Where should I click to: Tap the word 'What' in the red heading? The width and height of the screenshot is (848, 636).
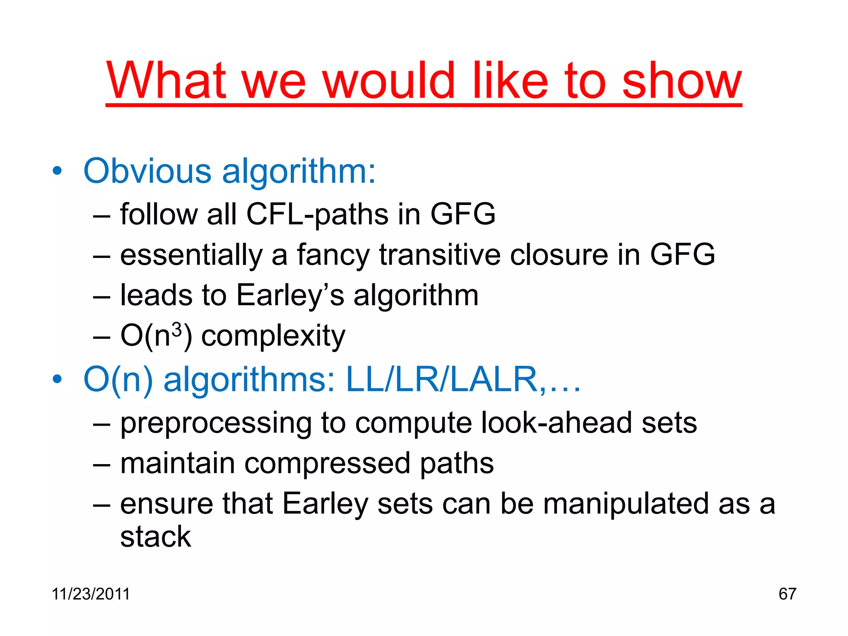point(166,81)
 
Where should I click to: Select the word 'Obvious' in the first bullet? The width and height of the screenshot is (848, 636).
point(147,171)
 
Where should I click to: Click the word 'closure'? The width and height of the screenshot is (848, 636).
point(559,255)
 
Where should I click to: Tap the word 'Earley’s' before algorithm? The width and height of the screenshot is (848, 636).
point(290,295)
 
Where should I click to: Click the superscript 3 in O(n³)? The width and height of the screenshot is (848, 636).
point(177,330)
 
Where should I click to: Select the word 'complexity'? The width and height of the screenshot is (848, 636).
point(273,336)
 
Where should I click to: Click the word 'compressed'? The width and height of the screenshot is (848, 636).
point(328,463)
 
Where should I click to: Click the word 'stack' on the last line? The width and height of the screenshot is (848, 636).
point(156,537)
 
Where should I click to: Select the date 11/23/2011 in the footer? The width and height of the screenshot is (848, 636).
point(91,594)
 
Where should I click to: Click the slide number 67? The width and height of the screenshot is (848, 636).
point(787,594)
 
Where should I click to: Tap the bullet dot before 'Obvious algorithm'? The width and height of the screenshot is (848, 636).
point(57,171)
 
